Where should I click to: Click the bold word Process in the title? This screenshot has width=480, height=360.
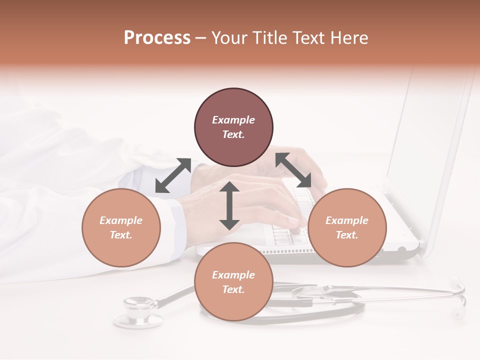coord(157,37)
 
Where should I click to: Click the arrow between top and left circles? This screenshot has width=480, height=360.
coord(173,175)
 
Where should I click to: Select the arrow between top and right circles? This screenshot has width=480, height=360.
coord(293,170)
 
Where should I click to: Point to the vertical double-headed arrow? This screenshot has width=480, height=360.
coord(229,205)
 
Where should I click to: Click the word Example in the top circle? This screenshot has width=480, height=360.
coord(233,120)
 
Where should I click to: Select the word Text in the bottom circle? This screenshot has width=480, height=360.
coord(233,289)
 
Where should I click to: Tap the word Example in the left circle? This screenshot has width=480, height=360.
coord(121,220)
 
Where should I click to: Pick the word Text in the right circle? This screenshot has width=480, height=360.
coord(347,235)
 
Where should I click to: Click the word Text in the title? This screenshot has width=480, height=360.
coord(309,37)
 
